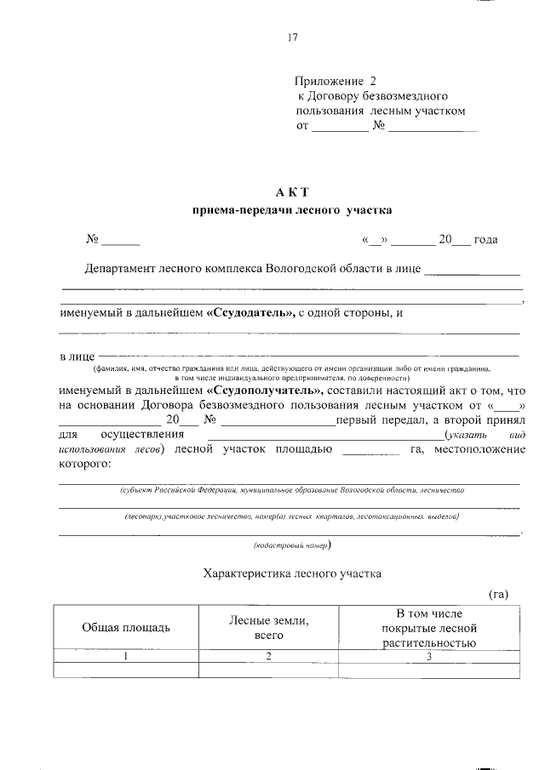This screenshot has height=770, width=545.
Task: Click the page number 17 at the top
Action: click(x=292, y=37)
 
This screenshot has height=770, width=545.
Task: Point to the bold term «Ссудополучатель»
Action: click(x=265, y=389)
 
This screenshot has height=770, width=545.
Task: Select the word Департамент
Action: click(x=120, y=270)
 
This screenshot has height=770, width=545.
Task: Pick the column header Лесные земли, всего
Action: click(x=269, y=627)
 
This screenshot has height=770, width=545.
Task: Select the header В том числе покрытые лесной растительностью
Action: click(x=429, y=627)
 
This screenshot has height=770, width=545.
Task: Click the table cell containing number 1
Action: click(x=126, y=656)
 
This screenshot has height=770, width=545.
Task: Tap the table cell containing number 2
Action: click(x=269, y=656)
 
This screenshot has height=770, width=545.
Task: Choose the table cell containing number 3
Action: click(x=429, y=656)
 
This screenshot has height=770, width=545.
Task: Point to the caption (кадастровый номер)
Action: click(x=291, y=545)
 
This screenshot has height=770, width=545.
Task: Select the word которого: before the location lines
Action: click(x=85, y=465)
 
